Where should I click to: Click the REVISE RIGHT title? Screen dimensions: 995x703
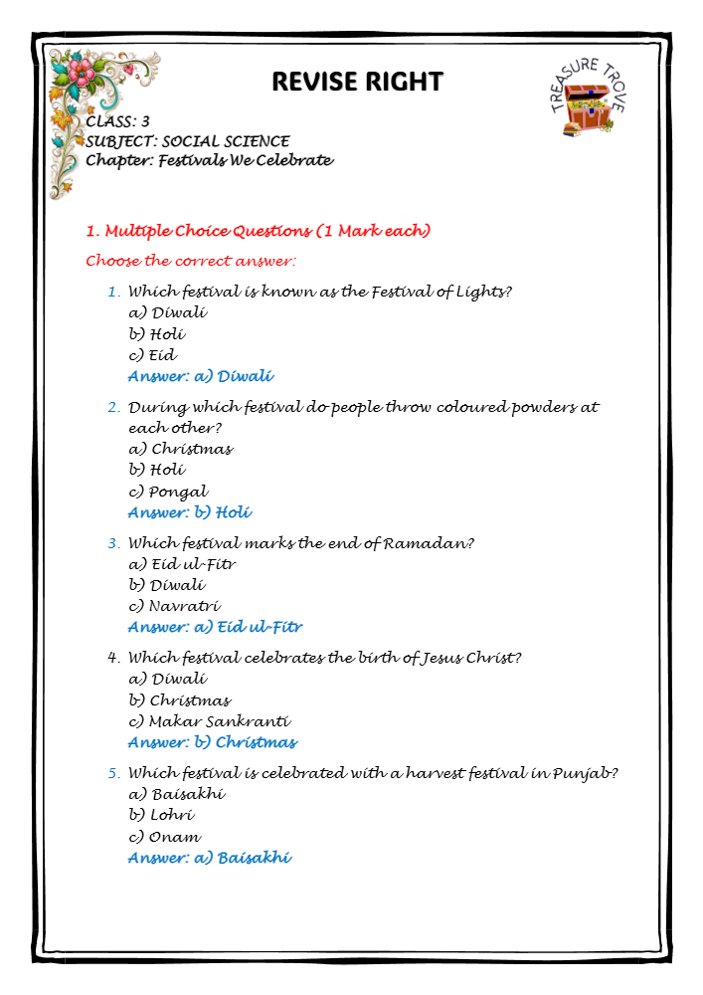click(x=357, y=81)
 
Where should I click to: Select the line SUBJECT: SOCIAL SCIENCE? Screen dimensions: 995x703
click(x=188, y=141)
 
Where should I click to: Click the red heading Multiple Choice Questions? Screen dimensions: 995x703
click(x=259, y=231)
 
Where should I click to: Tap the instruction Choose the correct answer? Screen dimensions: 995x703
click(x=191, y=262)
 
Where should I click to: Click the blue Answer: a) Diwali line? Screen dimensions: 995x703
click(x=201, y=376)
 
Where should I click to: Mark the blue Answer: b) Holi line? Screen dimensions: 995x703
click(x=190, y=512)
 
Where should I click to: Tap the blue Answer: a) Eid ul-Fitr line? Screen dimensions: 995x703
click(x=215, y=627)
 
